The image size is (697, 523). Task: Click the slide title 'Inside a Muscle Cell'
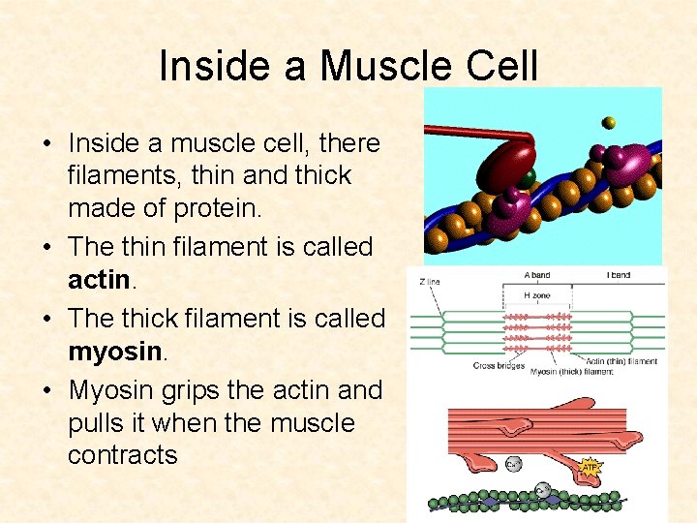coord(348,66)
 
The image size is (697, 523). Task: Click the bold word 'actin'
coord(99,281)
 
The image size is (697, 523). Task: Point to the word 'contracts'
coord(123,455)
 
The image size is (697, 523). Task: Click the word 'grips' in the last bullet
coord(184,389)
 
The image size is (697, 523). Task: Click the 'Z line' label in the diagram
coord(431,282)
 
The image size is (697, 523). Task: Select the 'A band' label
coord(536,275)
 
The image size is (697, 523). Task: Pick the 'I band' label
coord(620,275)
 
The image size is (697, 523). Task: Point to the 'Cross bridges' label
coord(500,366)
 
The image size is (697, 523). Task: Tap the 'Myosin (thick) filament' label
coord(570,372)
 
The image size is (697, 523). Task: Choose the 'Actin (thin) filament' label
coord(621,361)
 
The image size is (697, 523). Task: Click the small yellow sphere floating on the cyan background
coord(608,123)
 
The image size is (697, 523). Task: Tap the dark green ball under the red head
coord(525,179)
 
